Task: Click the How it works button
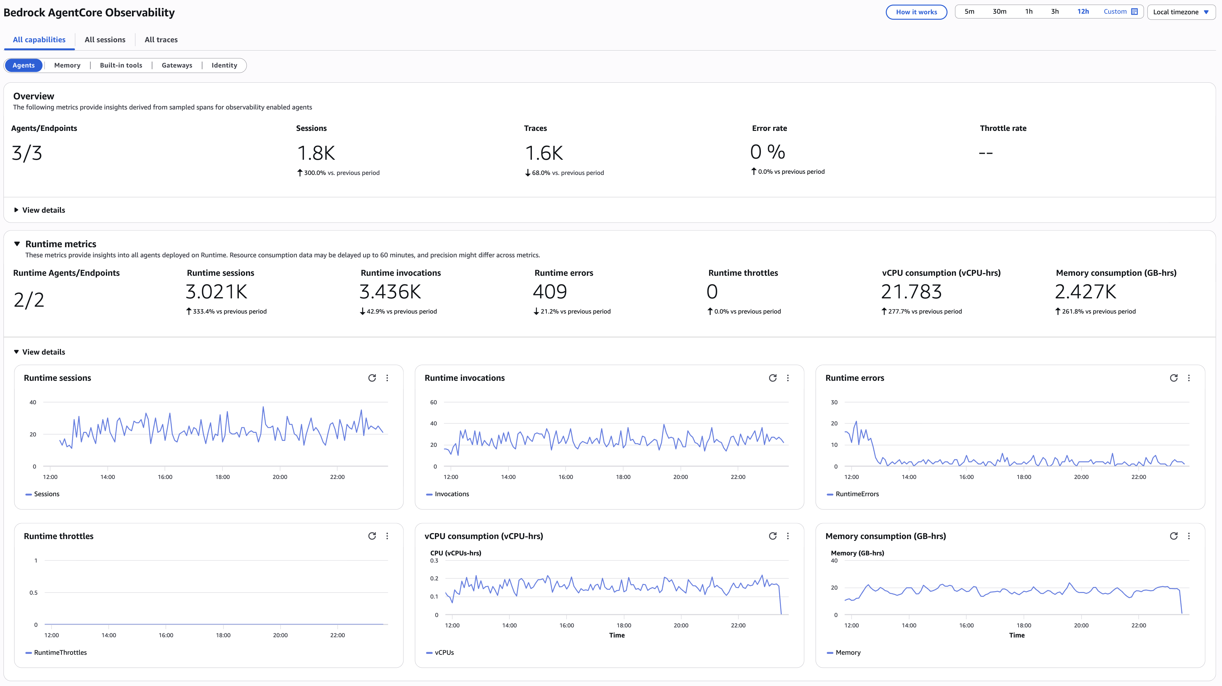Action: [x=916, y=12]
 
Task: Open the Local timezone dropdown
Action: [x=1181, y=12]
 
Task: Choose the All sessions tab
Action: [x=105, y=40]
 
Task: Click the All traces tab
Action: [x=161, y=40]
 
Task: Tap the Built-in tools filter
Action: [x=121, y=65]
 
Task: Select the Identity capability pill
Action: [x=224, y=65]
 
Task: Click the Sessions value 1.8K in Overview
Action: [x=316, y=153]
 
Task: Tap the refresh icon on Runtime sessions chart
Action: [x=372, y=378]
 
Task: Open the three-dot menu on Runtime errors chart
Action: [x=1189, y=378]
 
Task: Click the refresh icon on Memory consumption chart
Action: [x=1174, y=536]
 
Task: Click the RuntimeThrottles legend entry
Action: [x=60, y=653]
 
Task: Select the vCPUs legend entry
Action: [x=444, y=653]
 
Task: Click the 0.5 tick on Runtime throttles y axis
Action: [x=34, y=593]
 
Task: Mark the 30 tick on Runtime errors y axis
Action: [x=834, y=402]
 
